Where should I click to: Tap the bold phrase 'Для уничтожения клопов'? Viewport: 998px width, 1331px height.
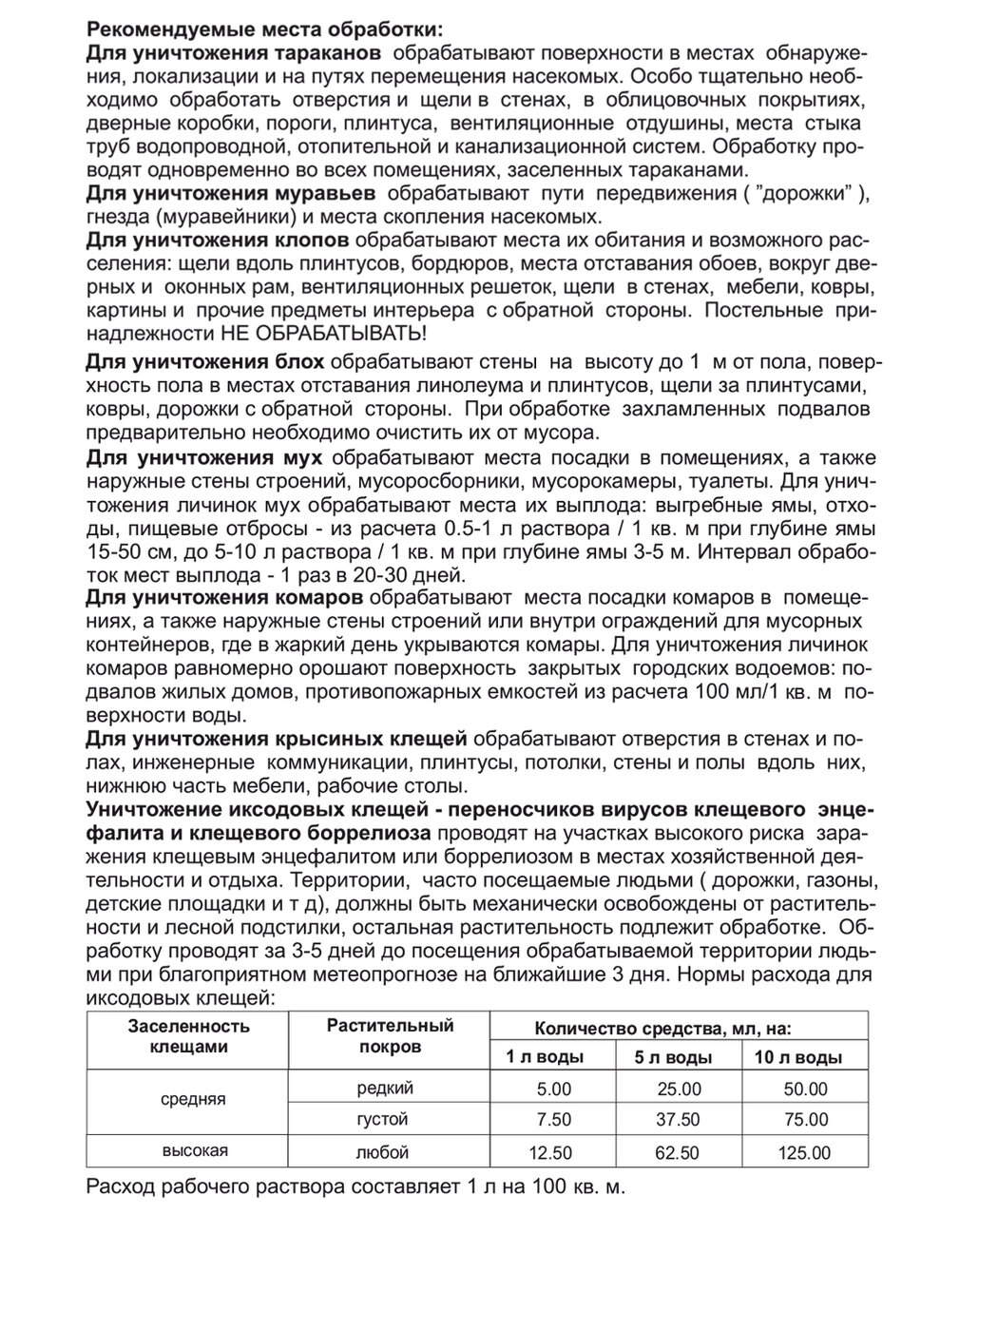pos(218,238)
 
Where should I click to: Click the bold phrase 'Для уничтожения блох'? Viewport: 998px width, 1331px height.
pos(205,362)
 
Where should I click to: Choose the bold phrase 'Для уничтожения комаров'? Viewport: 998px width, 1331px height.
pos(223,598)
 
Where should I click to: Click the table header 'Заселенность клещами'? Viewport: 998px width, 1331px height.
pos(188,1036)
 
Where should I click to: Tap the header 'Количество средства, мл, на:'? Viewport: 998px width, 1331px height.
pos(663,1028)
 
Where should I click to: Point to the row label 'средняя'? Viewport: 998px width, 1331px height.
pos(194,1099)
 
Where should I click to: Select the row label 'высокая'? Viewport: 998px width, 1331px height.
pos(195,1151)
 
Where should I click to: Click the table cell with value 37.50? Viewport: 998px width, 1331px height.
pos(678,1120)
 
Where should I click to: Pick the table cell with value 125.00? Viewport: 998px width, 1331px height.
pos(804,1153)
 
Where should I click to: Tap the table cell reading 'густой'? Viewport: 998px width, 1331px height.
pos(383,1120)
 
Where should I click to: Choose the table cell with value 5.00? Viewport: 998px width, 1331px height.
pos(553,1090)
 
